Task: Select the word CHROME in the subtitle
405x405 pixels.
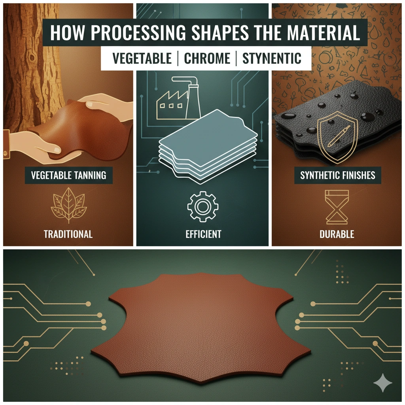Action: [207, 59]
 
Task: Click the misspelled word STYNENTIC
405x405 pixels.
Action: [272, 59]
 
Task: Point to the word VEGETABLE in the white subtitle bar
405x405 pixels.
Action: [142, 59]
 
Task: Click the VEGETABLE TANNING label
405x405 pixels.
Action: [69, 175]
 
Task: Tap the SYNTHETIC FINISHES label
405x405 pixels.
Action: [338, 175]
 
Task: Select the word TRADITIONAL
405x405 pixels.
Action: [68, 234]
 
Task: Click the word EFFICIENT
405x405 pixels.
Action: [203, 234]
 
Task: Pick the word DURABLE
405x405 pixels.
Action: [337, 234]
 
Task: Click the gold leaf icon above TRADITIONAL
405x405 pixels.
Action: [69, 205]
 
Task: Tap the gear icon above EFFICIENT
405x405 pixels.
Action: [203, 206]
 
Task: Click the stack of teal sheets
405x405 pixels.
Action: [208, 146]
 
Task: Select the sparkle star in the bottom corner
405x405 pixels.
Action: [383, 382]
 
